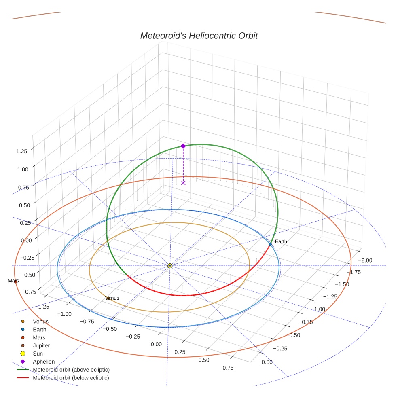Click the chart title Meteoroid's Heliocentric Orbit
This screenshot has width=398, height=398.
(x=199, y=36)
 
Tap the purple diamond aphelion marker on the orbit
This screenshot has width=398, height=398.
(x=183, y=146)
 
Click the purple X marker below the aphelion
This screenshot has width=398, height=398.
(x=183, y=183)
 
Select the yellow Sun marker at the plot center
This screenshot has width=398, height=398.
(x=170, y=266)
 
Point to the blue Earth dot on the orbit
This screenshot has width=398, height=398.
(x=270, y=244)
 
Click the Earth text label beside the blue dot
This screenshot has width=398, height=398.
(x=281, y=241)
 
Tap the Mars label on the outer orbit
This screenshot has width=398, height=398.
(x=13, y=281)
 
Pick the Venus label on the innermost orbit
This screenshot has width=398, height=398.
(x=112, y=298)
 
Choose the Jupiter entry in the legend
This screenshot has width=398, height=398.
(x=41, y=346)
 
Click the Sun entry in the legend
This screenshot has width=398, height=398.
(x=38, y=354)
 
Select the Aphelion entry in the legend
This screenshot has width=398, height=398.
(x=44, y=362)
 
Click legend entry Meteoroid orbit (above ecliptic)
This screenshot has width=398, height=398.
(x=71, y=370)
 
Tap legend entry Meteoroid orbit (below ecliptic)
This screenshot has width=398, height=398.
(x=71, y=378)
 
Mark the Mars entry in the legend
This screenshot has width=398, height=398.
(x=39, y=338)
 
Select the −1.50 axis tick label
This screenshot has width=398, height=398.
(x=343, y=284)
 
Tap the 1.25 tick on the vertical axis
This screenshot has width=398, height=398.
(x=22, y=151)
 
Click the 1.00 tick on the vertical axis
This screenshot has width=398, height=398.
(x=22, y=169)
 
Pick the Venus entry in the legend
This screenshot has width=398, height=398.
(x=40, y=322)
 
